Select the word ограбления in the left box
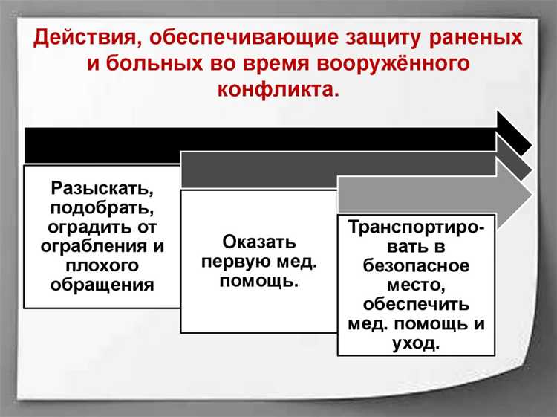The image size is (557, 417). click(88, 245)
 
